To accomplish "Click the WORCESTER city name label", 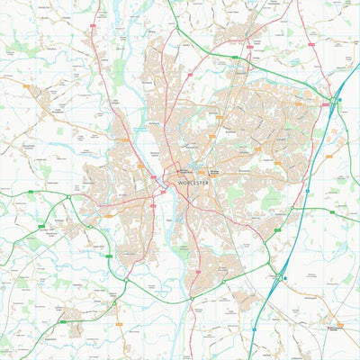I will point(193,183).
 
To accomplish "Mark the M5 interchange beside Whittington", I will point(278,278).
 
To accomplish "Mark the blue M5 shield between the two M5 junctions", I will point(309,191).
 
